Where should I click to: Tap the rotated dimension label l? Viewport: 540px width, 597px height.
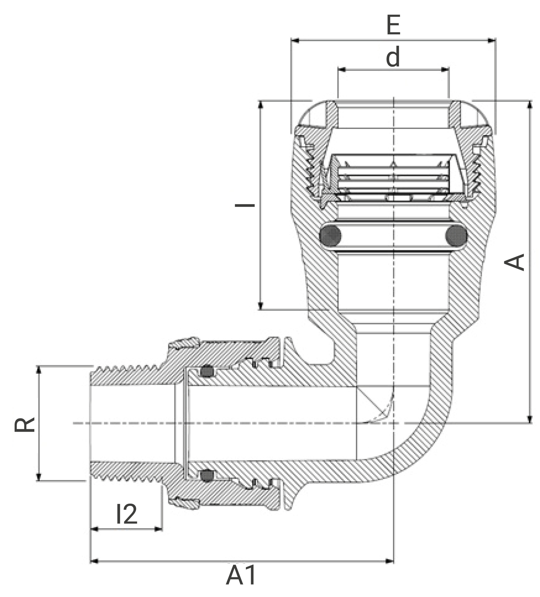245,205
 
